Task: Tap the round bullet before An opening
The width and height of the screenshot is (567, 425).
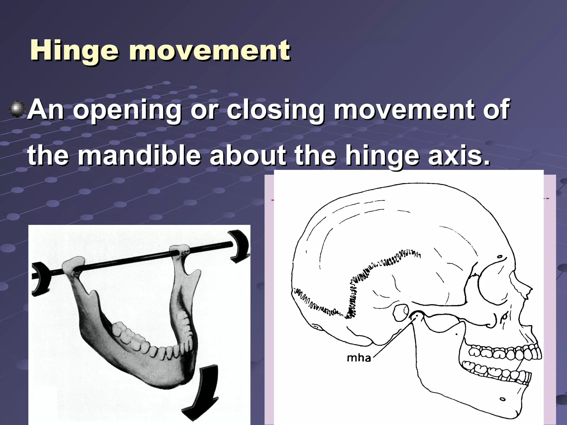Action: [17, 110]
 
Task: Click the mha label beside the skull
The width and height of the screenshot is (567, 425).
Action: [359, 358]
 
